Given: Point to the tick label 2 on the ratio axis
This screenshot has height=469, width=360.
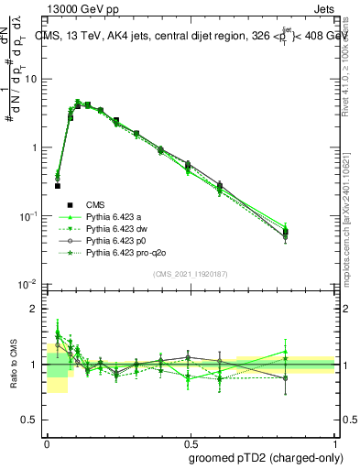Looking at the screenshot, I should pos(35,309).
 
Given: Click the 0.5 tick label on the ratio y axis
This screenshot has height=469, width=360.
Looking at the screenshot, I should pos(30,421).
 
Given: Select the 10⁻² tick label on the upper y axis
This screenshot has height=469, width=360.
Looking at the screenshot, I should pos(28,285).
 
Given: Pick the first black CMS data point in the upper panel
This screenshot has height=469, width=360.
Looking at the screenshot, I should pos(57,186).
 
